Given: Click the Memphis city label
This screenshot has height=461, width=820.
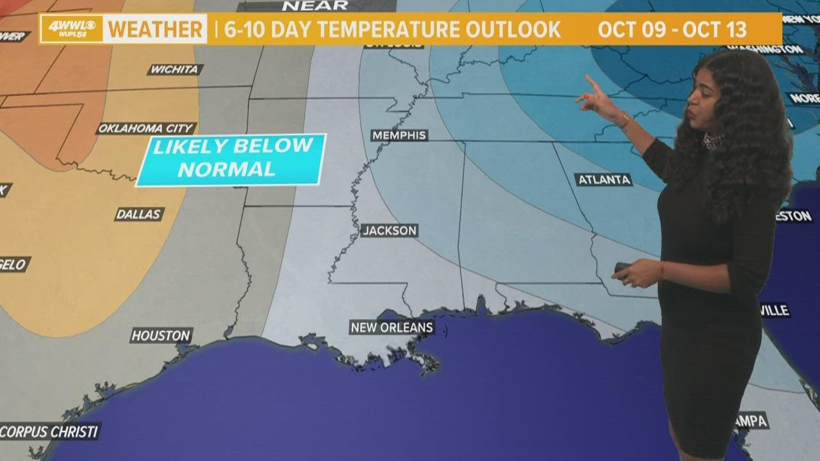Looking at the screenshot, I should (399, 135).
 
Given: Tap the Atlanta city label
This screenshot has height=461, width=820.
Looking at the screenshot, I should (603, 180).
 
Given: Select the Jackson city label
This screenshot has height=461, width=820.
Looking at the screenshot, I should (389, 230).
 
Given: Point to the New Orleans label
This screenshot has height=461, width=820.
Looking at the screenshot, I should (392, 328).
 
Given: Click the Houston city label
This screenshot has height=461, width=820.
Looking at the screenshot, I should (161, 335).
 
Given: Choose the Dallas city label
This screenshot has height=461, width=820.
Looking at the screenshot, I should (139, 214).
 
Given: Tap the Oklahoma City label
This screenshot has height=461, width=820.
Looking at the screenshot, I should (146, 129).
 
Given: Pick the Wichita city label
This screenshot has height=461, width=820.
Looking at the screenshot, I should (175, 70).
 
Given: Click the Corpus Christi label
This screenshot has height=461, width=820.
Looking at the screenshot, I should (49, 431).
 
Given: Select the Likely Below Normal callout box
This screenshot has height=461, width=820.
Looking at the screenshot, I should (232, 159).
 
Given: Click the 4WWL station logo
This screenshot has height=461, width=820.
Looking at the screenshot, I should (72, 29).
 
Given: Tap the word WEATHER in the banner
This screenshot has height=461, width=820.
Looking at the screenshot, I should (154, 29).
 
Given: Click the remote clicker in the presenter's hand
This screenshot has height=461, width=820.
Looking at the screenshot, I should (621, 268).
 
